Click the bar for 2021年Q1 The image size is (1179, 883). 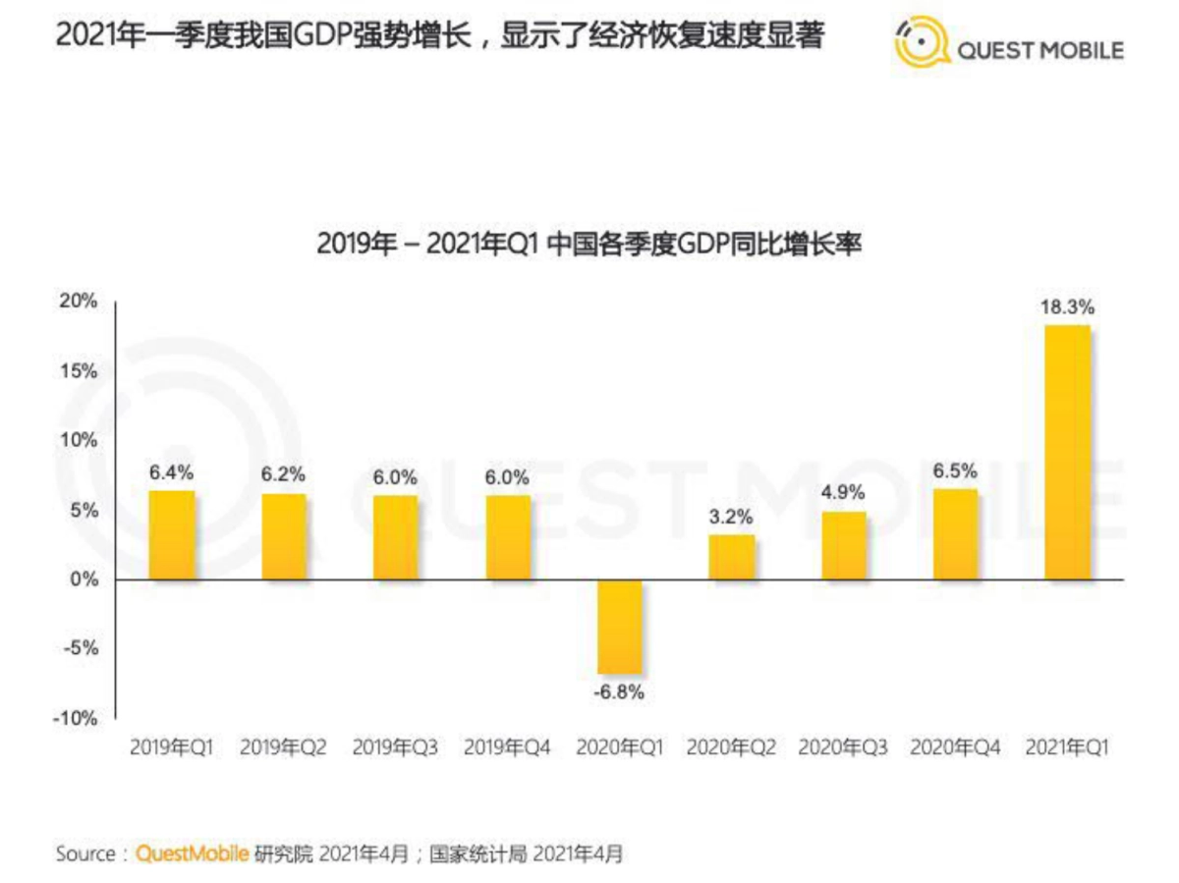1067,452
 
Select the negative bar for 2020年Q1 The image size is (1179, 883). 620,627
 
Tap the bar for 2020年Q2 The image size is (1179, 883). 732,557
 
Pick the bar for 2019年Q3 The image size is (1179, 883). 395,537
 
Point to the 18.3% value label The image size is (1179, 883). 1067,307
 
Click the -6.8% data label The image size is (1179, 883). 619,692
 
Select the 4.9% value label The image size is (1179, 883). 844,494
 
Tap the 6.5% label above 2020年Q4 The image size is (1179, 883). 956,470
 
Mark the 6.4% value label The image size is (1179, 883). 172,472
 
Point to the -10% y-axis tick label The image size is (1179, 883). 77,718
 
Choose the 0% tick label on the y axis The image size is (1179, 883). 85,579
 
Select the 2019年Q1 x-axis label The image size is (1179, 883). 172,747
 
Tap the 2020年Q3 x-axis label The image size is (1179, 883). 843,747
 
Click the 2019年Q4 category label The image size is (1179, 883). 507,747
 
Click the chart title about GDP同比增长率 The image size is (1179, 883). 589,243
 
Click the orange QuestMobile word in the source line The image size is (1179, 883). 192,854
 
